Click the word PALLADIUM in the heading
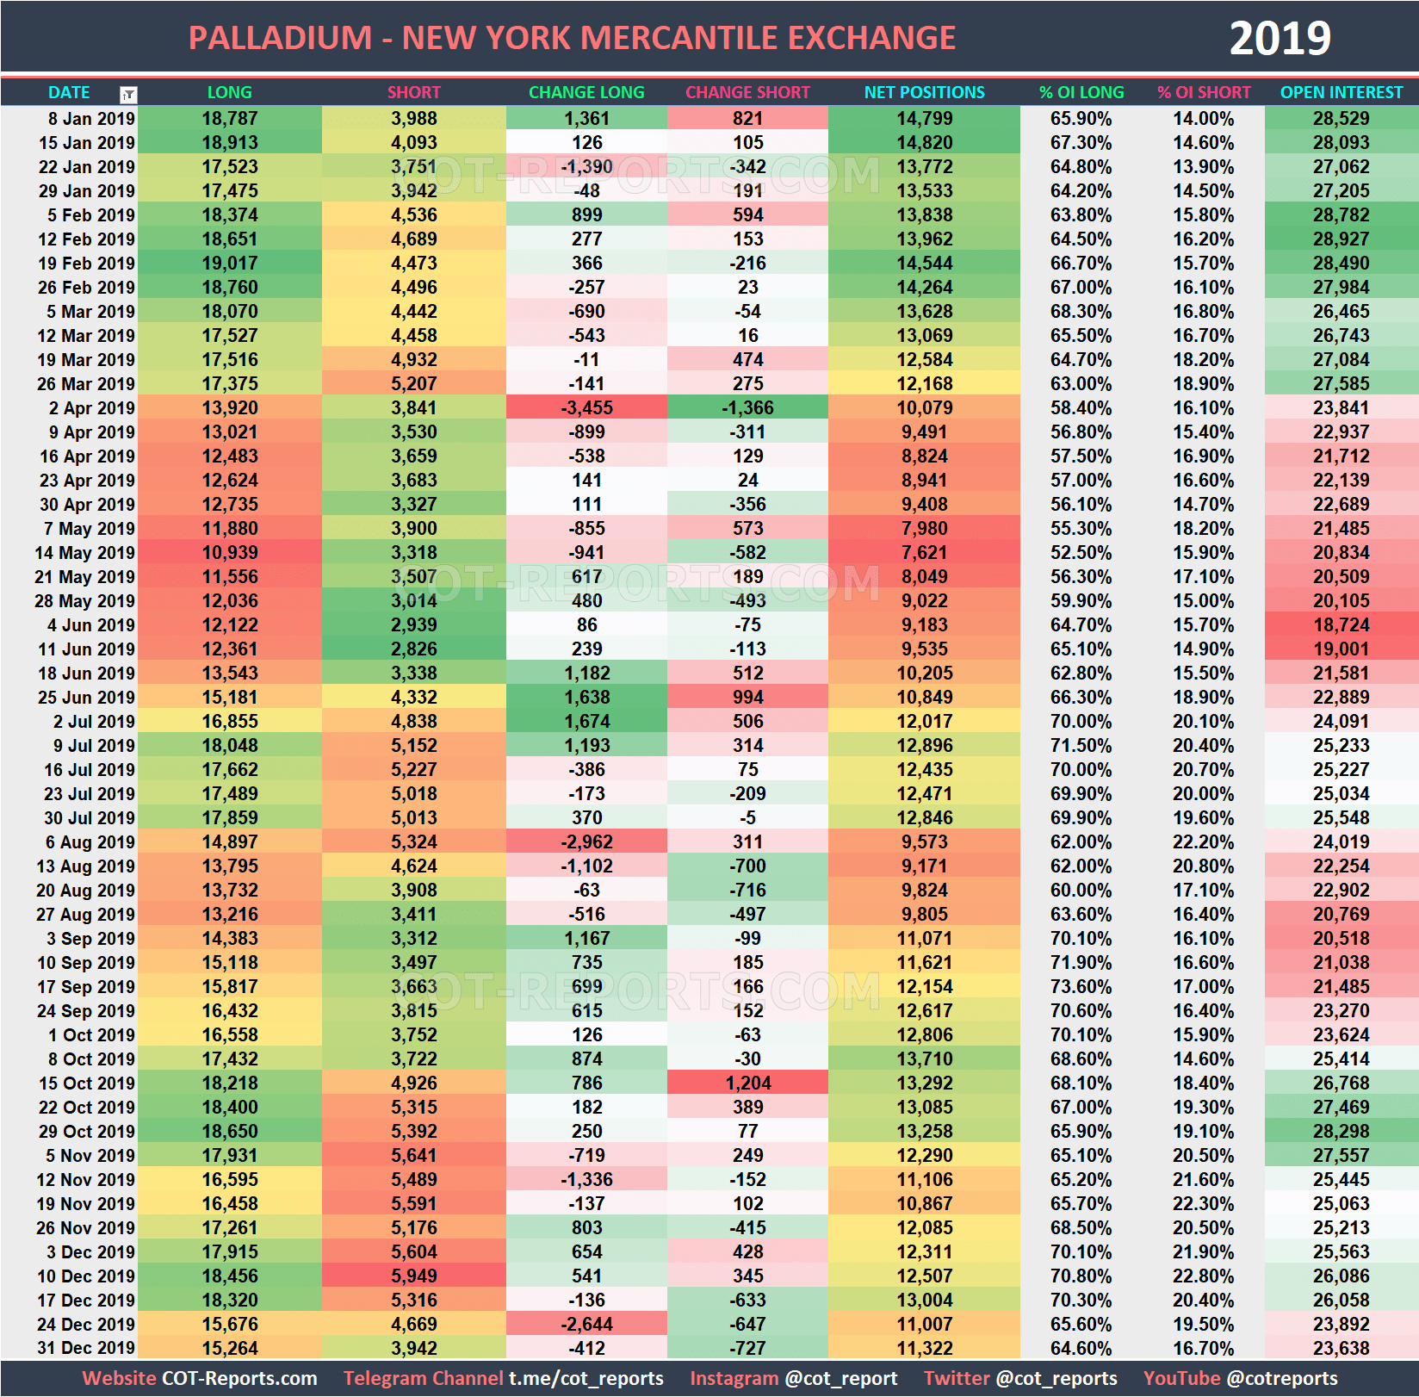[x=280, y=38]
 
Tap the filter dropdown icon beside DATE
[x=128, y=94]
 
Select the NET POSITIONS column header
[x=924, y=92]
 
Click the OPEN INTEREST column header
[x=1341, y=92]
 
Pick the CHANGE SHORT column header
[x=747, y=92]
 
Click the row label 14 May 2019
[x=85, y=552]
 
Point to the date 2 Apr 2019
[x=91, y=407]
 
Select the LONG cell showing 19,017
[x=229, y=263]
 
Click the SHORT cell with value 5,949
[x=413, y=1276]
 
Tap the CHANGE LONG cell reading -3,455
[x=586, y=407]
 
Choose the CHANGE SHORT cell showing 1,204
[x=747, y=1083]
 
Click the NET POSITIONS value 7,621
[x=924, y=552]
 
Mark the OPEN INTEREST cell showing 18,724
[x=1341, y=624]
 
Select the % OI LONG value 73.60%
[x=1081, y=986]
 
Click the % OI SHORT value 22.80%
[x=1203, y=1276]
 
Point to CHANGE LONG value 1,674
[x=586, y=721]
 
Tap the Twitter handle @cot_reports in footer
[x=1056, y=1378]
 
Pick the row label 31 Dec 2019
[x=85, y=1348]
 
